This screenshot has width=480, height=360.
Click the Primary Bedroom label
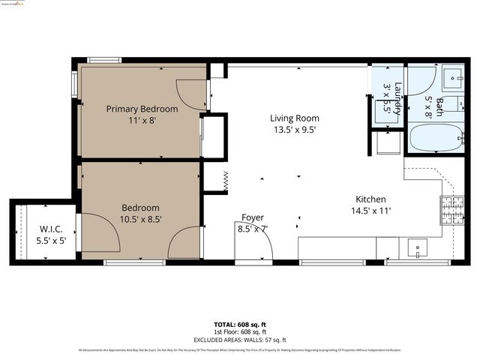pyautogui.click(x=142, y=109)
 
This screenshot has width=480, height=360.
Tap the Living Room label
pyautogui.click(x=294, y=118)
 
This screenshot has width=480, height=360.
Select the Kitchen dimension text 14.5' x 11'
pyautogui.click(x=370, y=211)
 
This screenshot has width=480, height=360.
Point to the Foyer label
pyautogui.click(x=252, y=217)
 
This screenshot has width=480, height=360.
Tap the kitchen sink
pyautogui.click(x=416, y=247)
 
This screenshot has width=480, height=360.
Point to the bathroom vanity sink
pyautogui.click(x=455, y=76)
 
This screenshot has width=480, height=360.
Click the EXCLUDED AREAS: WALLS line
pyautogui.click(x=240, y=338)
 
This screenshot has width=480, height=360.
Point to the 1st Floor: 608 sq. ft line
pyautogui.click(x=240, y=331)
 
